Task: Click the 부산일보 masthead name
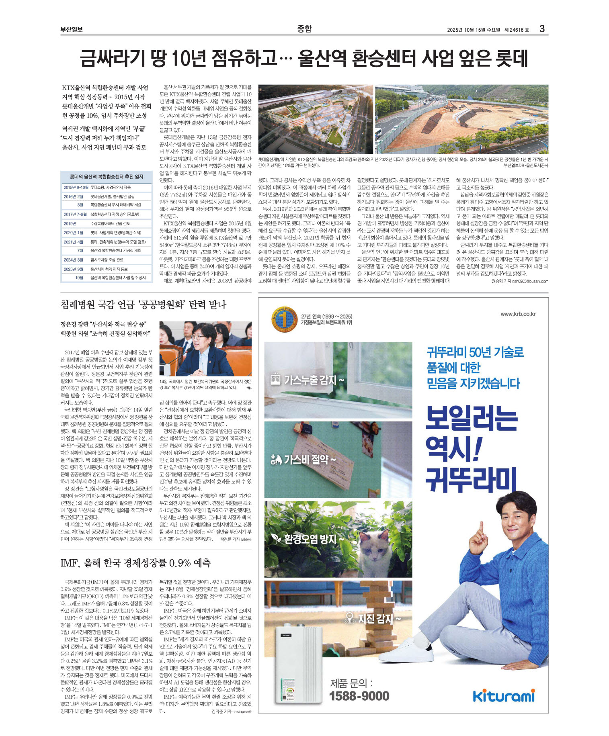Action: click(x=72, y=29)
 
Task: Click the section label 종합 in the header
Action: click(x=304, y=29)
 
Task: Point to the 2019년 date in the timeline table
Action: click(x=70, y=223)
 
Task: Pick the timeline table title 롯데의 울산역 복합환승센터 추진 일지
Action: click(x=107, y=177)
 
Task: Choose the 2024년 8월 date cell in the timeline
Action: click(x=73, y=260)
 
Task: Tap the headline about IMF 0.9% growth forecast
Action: click(x=135, y=563)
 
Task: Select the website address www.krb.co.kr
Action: click(x=518, y=314)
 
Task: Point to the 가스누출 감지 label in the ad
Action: click(x=308, y=380)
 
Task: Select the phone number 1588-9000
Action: click(x=359, y=696)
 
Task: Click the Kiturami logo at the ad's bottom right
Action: click(x=504, y=695)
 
